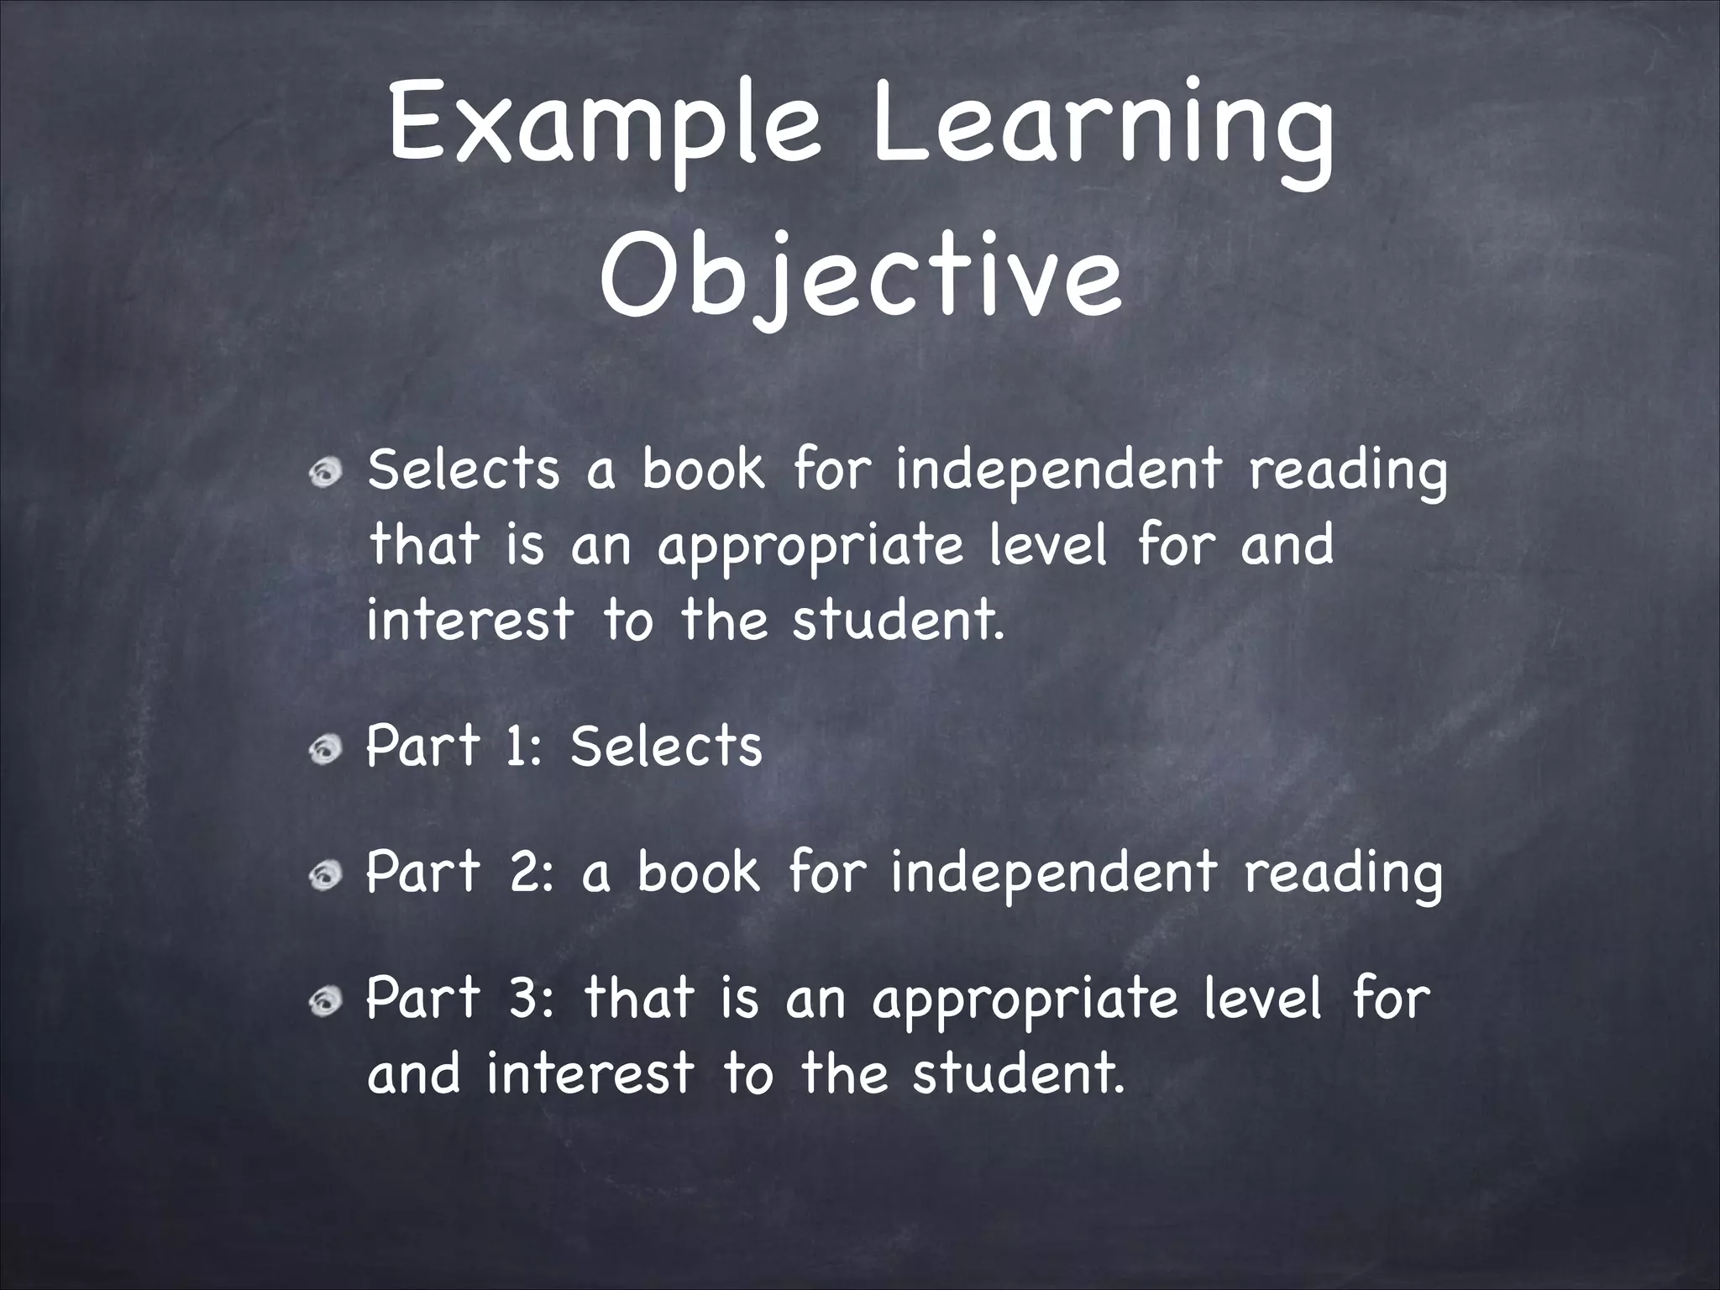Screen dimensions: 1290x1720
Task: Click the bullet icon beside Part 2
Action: (x=325, y=877)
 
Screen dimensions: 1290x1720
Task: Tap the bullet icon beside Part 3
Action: (x=325, y=1002)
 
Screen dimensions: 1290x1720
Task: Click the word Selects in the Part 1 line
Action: (x=665, y=746)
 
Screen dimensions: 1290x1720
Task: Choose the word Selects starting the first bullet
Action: (x=463, y=469)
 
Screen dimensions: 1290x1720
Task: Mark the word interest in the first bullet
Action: (x=470, y=620)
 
